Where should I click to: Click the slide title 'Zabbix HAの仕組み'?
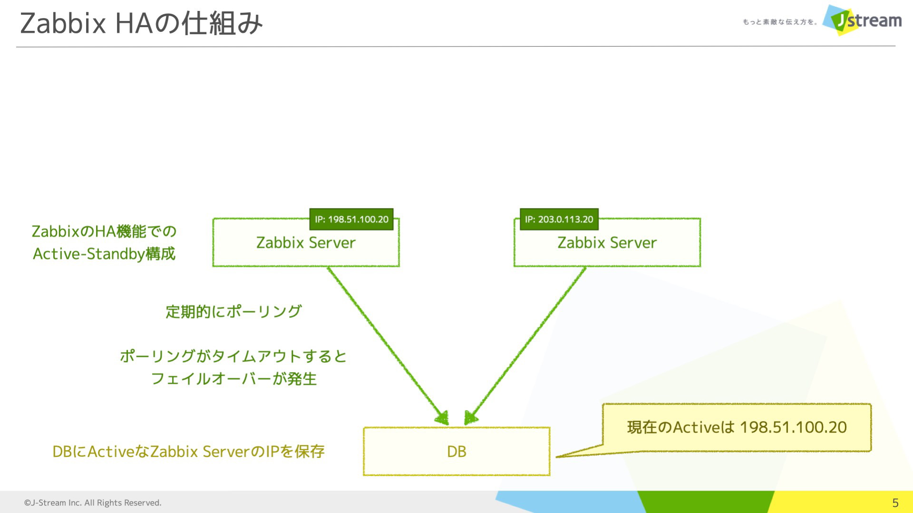point(141,23)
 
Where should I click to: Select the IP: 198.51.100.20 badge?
point(351,219)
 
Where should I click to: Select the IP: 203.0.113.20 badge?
point(559,219)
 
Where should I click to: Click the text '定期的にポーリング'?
point(233,312)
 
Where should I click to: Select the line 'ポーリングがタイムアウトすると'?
point(233,356)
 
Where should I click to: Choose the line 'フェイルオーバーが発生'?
point(233,379)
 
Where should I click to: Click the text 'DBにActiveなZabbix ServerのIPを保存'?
point(188,451)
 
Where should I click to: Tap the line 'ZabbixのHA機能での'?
point(104,231)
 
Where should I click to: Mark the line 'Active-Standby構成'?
point(104,254)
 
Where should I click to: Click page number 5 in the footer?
point(895,503)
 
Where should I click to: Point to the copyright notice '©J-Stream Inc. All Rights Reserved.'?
point(93,503)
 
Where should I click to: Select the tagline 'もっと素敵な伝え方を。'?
point(780,22)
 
